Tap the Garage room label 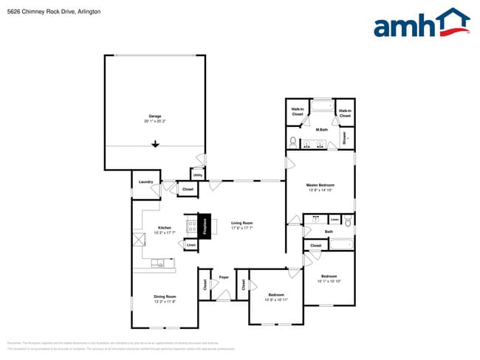155,117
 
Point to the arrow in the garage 155,145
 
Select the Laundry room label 145,181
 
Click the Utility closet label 198,175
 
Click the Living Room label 241,224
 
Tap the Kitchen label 164,228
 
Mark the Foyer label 223,278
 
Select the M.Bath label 321,131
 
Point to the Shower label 344,137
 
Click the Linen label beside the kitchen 191,245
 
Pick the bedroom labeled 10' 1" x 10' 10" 328,277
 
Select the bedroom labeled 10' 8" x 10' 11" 277,297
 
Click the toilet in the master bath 293,140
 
